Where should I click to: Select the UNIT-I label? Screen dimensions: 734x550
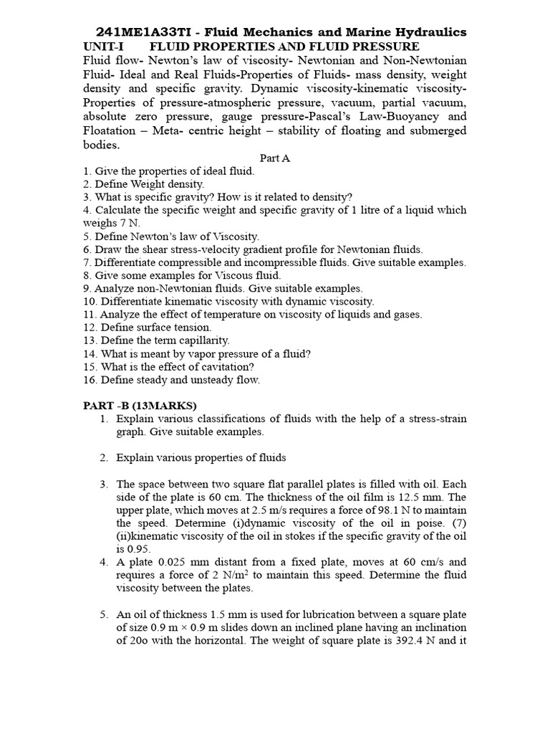coord(104,46)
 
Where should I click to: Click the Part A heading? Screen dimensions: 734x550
coord(274,158)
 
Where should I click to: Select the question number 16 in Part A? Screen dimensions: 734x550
coord(90,380)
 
